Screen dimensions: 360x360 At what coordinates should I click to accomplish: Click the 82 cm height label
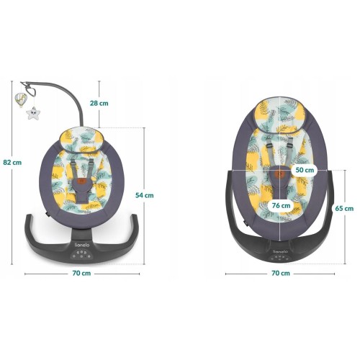coord(12,163)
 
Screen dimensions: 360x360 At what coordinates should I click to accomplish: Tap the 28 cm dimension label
coord(99,103)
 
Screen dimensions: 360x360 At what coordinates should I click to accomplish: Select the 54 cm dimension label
coord(145,195)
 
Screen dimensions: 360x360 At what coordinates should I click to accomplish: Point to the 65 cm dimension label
coord(344,209)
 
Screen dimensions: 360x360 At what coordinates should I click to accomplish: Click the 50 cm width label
coord(305,170)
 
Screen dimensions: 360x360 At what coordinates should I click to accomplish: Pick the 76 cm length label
coord(281,206)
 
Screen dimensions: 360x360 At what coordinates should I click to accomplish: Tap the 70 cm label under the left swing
coord(82,274)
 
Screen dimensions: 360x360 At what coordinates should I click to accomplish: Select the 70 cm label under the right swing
coord(281,274)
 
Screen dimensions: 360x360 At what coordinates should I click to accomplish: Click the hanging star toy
coord(33,113)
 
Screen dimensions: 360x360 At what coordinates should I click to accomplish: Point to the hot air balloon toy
coord(21,100)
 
